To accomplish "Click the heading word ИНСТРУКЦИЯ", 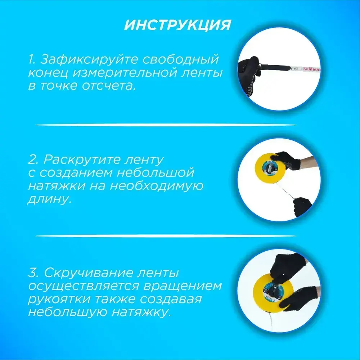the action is click(177, 25).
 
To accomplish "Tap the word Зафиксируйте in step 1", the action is click(89, 59).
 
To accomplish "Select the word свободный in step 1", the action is click(181, 59).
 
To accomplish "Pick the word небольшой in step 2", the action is click(156, 172).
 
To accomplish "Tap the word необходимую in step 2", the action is click(157, 186).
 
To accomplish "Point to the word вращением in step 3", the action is click(184, 286).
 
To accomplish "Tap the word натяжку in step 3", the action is click(141, 312).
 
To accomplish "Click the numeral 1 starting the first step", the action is click(31, 59).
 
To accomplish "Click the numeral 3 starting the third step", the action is click(32, 273).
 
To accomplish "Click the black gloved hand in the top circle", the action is click(249, 75).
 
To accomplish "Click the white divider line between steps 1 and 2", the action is click(166, 125).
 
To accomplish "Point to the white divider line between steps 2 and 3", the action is click(166, 236).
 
